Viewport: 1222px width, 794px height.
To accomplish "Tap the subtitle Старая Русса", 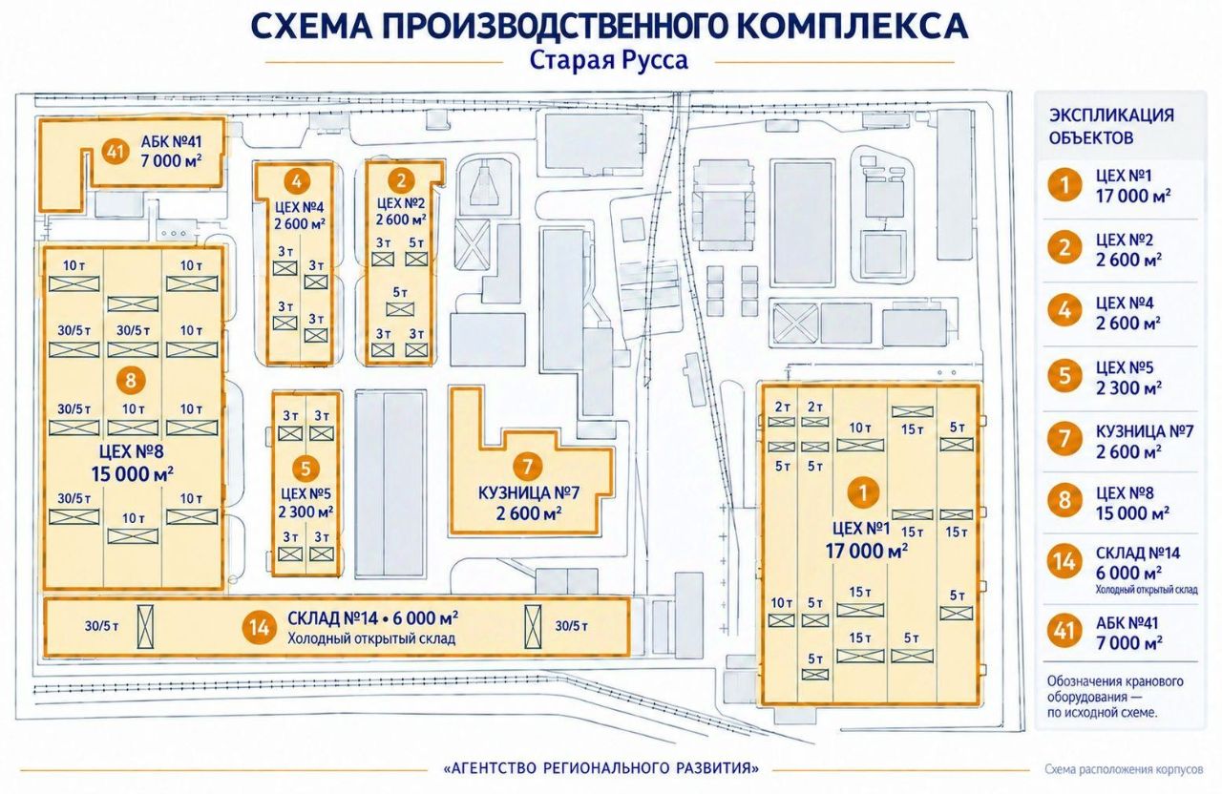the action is pos(609,60).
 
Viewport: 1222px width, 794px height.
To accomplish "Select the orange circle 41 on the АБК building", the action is pos(116,151).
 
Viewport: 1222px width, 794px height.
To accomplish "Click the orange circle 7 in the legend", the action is pos(1064,439).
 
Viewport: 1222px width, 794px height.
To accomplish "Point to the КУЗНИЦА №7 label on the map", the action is pos(529,493).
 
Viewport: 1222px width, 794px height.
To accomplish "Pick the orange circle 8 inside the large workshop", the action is pos(131,380).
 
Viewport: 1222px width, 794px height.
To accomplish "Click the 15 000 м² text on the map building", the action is pos(133,473).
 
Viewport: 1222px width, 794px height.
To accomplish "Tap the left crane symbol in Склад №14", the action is pos(145,627).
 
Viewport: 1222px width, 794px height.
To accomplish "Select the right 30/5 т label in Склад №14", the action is pos(571,626).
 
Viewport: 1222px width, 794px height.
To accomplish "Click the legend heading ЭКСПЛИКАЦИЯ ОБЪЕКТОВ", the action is pos(1112,127).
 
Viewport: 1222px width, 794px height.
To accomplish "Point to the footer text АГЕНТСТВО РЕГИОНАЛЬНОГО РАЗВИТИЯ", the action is pos(601,768).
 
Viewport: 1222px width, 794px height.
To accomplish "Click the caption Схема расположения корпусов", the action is pos(1124,769).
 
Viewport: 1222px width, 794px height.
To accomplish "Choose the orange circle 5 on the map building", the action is pos(305,469).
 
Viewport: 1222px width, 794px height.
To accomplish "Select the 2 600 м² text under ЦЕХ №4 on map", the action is pos(299,224).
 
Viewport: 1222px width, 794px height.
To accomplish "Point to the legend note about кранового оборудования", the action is pos(1115,697).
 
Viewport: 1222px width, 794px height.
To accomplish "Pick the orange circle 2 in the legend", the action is pos(1064,248).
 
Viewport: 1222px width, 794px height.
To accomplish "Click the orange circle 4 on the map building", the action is pos(297,181).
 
